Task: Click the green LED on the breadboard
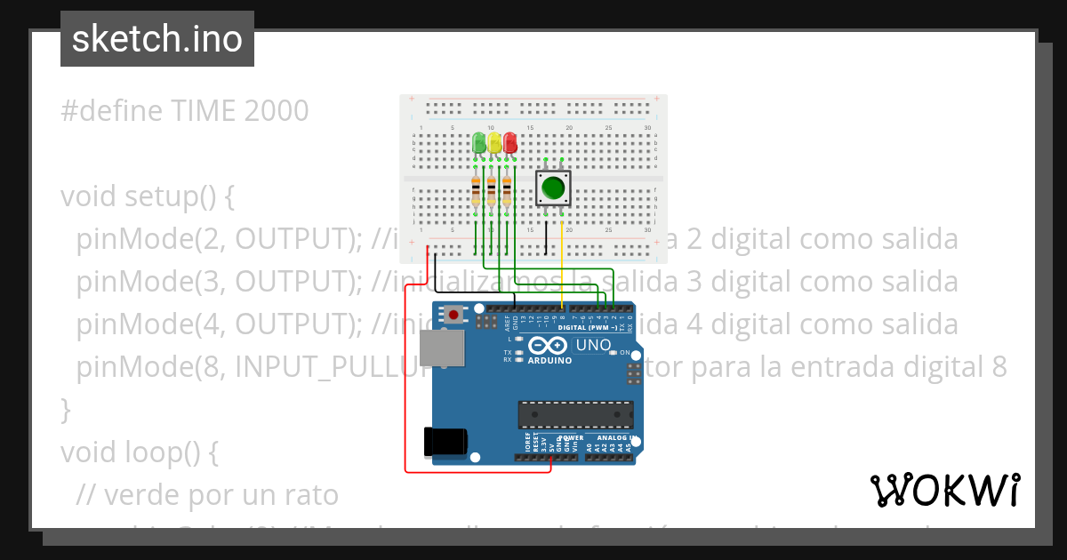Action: [479, 142]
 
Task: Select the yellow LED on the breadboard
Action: [494, 142]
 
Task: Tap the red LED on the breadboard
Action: [509, 142]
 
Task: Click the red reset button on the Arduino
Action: [454, 315]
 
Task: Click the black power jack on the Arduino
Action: [445, 441]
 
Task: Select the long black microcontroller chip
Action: [576, 415]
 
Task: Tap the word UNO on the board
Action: [593, 345]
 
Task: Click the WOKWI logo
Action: [944, 490]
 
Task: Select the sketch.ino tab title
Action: [157, 39]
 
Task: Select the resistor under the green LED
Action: [476, 191]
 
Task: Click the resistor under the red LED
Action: [507, 191]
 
